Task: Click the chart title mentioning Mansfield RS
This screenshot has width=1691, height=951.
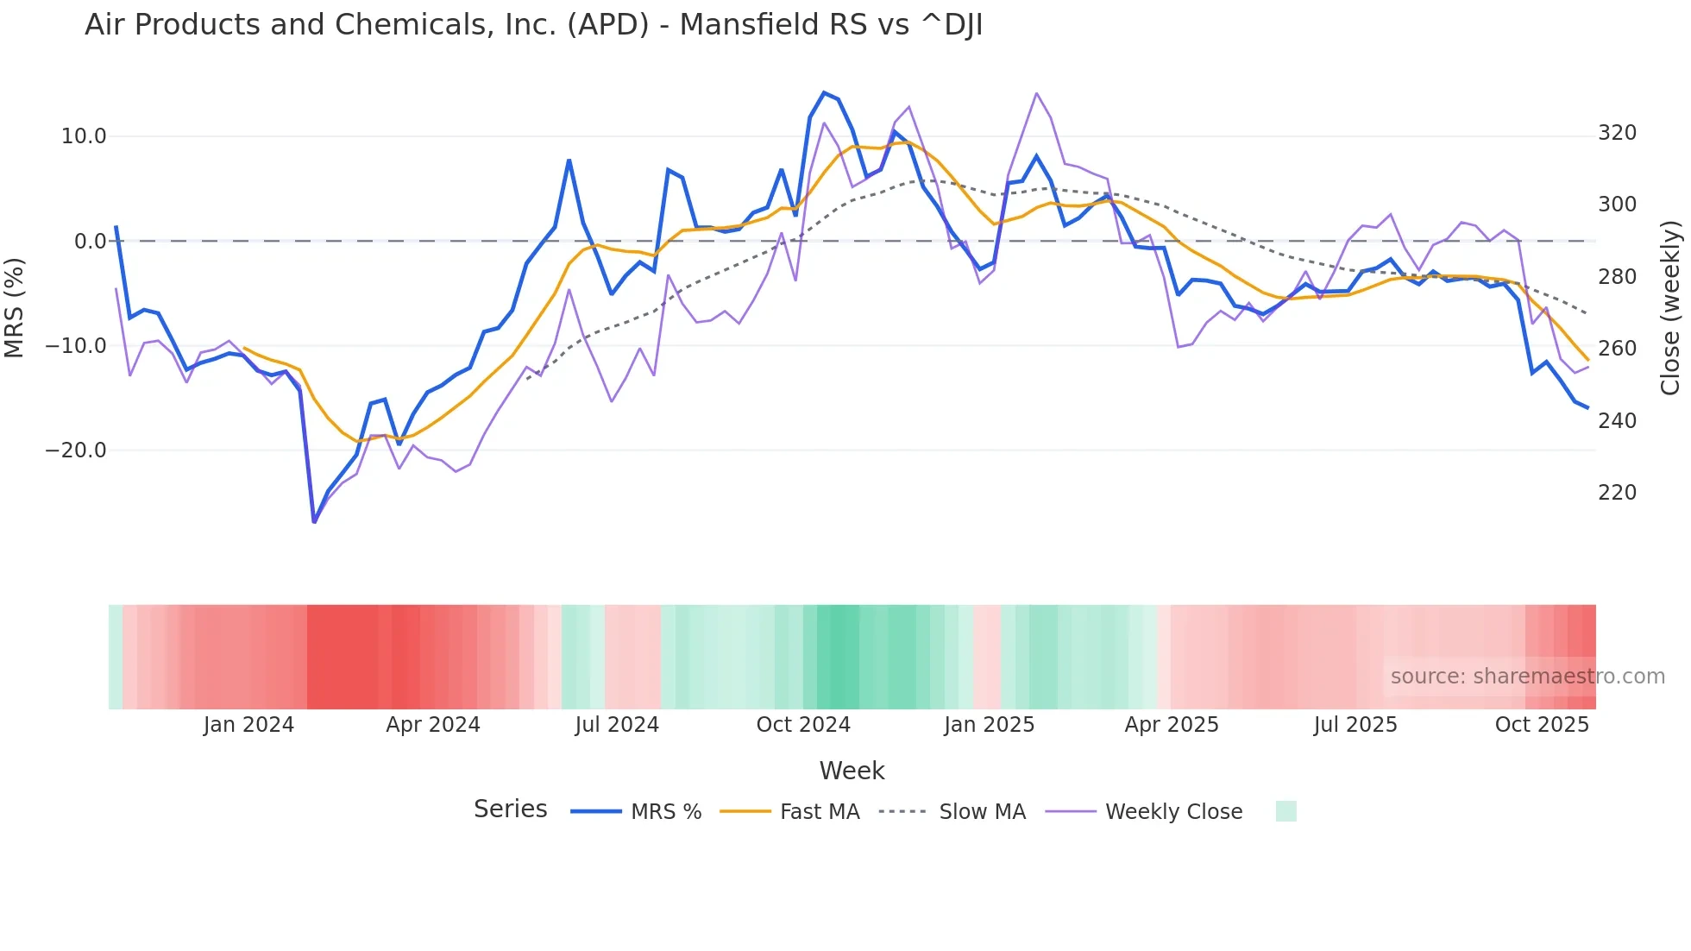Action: tap(533, 25)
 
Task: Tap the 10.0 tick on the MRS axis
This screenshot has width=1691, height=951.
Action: tap(84, 136)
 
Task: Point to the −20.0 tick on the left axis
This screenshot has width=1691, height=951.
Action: tap(76, 450)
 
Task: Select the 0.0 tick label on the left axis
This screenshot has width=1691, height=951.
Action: tap(90, 242)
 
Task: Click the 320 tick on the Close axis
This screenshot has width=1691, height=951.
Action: tap(1617, 133)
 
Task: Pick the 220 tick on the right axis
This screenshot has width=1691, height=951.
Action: tap(1617, 493)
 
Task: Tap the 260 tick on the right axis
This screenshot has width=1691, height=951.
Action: tap(1617, 349)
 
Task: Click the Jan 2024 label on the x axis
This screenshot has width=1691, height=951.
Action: tap(248, 725)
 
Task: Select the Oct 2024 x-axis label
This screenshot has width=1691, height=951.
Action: tap(803, 725)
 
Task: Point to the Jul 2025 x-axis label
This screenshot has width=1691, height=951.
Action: tap(1355, 725)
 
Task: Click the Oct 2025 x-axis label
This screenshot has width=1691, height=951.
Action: tap(1541, 725)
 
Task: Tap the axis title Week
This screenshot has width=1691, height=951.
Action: tap(852, 771)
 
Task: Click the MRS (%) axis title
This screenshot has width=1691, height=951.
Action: tap(15, 307)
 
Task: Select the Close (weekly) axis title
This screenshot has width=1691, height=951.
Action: tap(1670, 307)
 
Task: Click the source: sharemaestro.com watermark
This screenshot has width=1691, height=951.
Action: tap(1527, 677)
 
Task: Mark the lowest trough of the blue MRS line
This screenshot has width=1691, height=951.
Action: tap(314, 521)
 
